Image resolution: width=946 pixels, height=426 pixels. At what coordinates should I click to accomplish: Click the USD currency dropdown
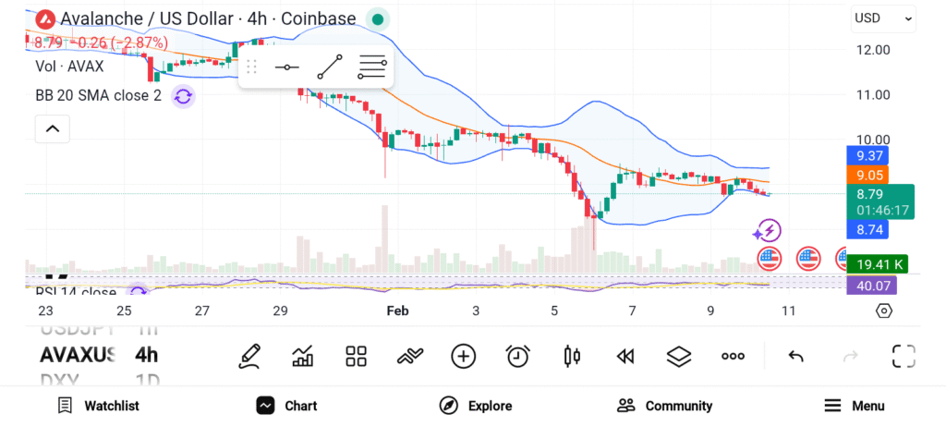pyautogui.click(x=883, y=18)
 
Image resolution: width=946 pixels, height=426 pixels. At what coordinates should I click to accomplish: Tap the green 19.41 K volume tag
pyautogui.click(x=877, y=264)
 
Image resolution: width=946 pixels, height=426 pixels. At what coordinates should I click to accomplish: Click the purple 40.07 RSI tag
pyautogui.click(x=871, y=286)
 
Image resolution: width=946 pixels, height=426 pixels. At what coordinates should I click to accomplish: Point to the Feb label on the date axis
pyautogui.click(x=397, y=311)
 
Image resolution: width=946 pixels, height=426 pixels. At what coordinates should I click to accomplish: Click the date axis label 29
pyautogui.click(x=280, y=311)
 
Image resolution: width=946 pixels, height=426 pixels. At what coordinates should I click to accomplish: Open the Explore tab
pyautogui.click(x=476, y=406)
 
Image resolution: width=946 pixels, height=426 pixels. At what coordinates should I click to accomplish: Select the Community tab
pyautogui.click(x=665, y=406)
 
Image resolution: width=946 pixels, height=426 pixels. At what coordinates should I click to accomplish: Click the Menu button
pyautogui.click(x=855, y=406)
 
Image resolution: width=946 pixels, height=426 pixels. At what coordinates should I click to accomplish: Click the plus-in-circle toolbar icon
pyautogui.click(x=463, y=356)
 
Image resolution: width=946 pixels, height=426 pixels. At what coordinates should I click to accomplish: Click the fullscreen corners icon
pyautogui.click(x=904, y=356)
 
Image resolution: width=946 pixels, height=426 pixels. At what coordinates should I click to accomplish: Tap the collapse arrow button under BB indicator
pyautogui.click(x=53, y=128)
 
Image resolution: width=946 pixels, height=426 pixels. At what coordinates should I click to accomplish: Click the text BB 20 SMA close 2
pyautogui.click(x=98, y=96)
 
